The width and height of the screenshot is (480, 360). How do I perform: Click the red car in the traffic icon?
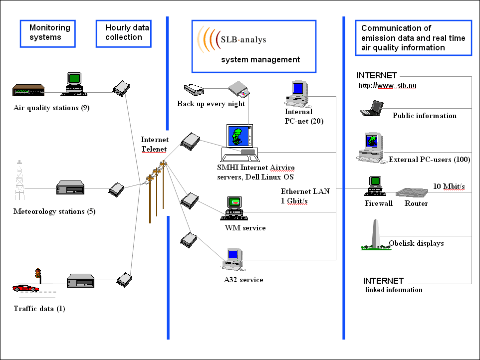point(26,288)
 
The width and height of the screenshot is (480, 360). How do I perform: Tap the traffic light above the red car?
point(37,274)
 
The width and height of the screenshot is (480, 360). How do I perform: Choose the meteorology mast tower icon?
point(19,180)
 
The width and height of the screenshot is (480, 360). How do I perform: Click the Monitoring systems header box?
point(48,33)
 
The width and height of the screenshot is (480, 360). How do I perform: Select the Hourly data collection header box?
point(123,33)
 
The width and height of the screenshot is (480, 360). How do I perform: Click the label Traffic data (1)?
point(39,309)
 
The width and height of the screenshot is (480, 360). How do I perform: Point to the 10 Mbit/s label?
point(449,186)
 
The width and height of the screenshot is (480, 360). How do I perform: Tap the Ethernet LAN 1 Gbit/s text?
point(305,196)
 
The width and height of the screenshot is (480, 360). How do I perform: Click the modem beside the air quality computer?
point(121,89)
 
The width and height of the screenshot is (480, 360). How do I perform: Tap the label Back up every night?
point(211,104)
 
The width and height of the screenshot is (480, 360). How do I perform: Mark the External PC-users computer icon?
point(371,147)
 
